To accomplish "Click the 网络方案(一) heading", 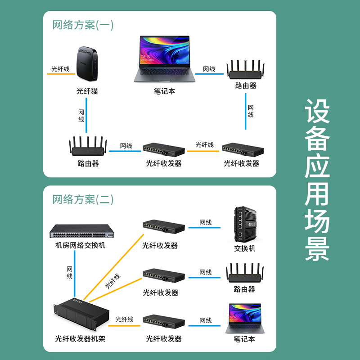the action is click(x=83, y=25).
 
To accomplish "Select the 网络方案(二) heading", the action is click(x=83, y=199).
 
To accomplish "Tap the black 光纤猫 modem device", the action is click(x=87, y=63).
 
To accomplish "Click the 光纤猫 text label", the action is click(x=87, y=91).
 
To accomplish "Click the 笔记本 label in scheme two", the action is click(x=244, y=339).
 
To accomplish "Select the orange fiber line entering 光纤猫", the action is click(x=61, y=74).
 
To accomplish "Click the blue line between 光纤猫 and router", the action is click(x=86, y=115).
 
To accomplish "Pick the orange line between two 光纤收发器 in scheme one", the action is click(x=203, y=151).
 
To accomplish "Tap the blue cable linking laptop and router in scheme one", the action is click(x=209, y=74).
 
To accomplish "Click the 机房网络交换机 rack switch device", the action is click(x=82, y=231).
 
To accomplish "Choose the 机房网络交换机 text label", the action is click(x=81, y=245).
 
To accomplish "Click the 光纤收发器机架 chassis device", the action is click(x=81, y=314).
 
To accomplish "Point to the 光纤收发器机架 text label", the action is click(x=80, y=338).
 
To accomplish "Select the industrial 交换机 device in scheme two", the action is click(x=245, y=224).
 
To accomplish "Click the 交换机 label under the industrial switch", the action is click(x=245, y=248).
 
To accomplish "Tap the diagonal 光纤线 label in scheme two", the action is click(x=113, y=281).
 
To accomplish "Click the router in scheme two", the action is click(x=245, y=273).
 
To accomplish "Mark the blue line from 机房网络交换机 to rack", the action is click(x=75, y=274).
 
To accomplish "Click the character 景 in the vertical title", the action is click(x=317, y=249).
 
